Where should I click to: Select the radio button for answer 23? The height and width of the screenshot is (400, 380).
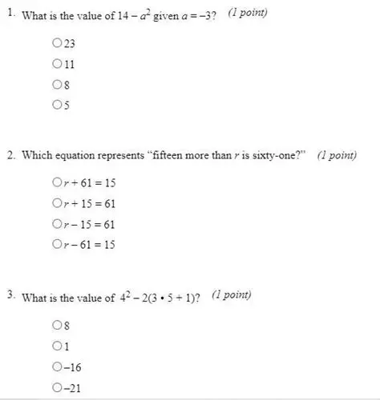click(56, 45)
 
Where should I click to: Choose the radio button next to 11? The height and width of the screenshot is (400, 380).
click(56, 65)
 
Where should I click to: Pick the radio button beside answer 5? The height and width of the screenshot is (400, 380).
click(56, 104)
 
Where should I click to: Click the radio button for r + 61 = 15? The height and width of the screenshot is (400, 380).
click(56, 183)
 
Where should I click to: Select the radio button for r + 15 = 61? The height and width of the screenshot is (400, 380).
click(56, 203)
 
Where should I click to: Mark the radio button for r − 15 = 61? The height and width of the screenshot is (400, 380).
click(56, 224)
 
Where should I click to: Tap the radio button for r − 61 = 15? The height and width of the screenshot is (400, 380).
click(56, 244)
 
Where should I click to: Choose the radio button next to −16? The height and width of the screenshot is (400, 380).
click(56, 368)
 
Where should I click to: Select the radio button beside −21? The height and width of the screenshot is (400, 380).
click(56, 389)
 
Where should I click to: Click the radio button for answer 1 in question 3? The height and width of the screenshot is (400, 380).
click(56, 347)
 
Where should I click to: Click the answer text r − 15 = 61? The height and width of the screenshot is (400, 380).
click(90, 224)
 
